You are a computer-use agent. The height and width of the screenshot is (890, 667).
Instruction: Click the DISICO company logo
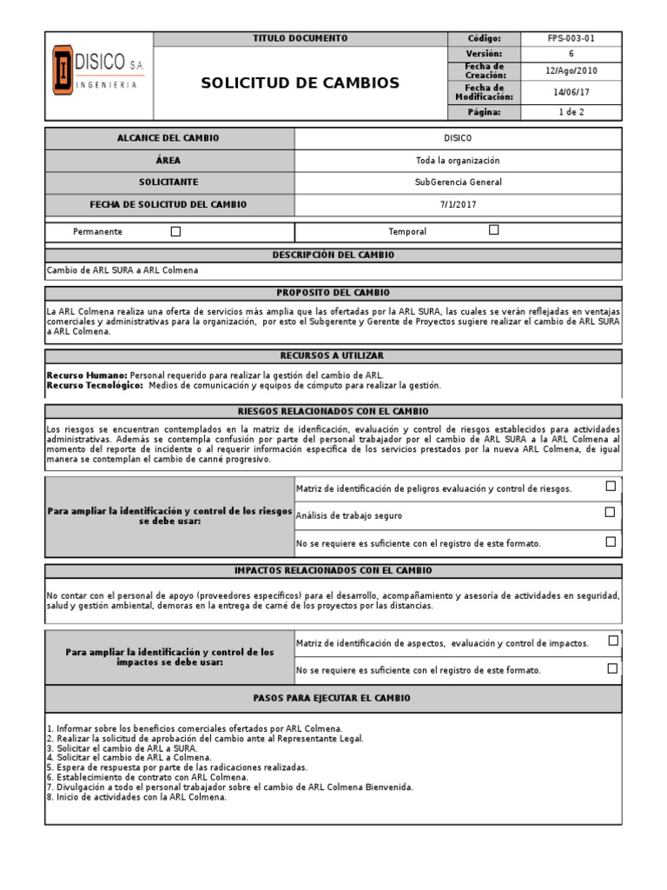[98, 76]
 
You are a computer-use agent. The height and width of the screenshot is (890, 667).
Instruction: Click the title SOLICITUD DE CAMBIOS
[300, 83]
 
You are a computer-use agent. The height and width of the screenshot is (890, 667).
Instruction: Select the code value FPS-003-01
[571, 39]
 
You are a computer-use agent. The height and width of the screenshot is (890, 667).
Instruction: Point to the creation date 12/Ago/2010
[571, 71]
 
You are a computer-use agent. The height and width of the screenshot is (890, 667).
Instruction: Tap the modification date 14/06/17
[571, 92]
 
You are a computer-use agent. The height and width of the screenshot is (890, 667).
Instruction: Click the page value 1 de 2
[571, 112]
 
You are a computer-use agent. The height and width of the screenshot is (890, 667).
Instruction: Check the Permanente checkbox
[175, 231]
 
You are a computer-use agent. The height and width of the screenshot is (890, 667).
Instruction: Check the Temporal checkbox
[494, 230]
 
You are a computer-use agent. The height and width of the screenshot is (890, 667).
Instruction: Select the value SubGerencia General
[458, 183]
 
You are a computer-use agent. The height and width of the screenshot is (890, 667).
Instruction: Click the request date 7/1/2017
[458, 204]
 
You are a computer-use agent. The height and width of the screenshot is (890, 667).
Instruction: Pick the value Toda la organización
[458, 161]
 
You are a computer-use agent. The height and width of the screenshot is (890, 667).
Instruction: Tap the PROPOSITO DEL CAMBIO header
[333, 293]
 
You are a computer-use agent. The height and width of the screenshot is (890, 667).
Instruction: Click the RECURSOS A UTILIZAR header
[333, 355]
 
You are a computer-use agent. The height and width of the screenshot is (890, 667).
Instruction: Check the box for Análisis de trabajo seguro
[611, 514]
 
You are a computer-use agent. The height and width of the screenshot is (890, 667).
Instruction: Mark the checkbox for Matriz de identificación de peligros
[611, 487]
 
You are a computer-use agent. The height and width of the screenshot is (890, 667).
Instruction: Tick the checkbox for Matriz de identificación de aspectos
[613, 641]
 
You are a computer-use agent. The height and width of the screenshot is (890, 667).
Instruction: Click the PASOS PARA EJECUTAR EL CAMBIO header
[333, 698]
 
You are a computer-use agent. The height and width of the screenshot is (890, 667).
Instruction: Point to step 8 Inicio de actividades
[136, 797]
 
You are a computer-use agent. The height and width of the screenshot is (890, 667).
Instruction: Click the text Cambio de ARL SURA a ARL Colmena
[122, 270]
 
